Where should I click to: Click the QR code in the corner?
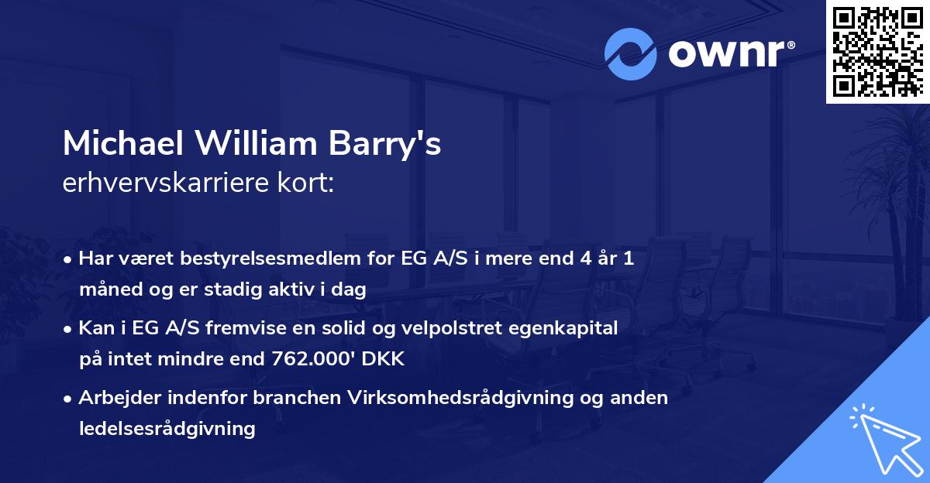[x=877, y=51]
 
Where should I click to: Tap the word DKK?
[x=384, y=359]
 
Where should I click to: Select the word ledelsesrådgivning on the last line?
[x=167, y=429]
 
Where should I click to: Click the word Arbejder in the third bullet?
[x=112, y=398]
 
